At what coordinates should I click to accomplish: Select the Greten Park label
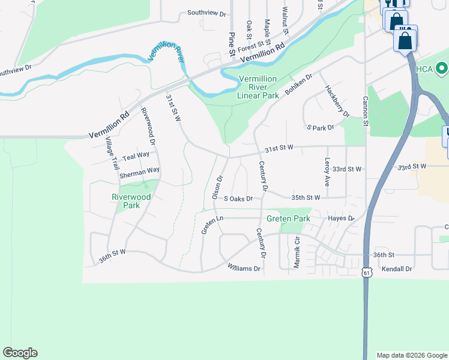click(289, 218)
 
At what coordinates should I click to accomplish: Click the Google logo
click(20, 353)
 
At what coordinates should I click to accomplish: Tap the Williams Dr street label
click(244, 268)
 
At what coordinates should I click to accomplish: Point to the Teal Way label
click(136, 156)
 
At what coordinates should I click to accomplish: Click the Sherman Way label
click(139, 173)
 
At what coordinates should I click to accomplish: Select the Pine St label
click(232, 45)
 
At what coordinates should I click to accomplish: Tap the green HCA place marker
click(442, 68)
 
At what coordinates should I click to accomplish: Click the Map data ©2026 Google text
click(412, 355)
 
